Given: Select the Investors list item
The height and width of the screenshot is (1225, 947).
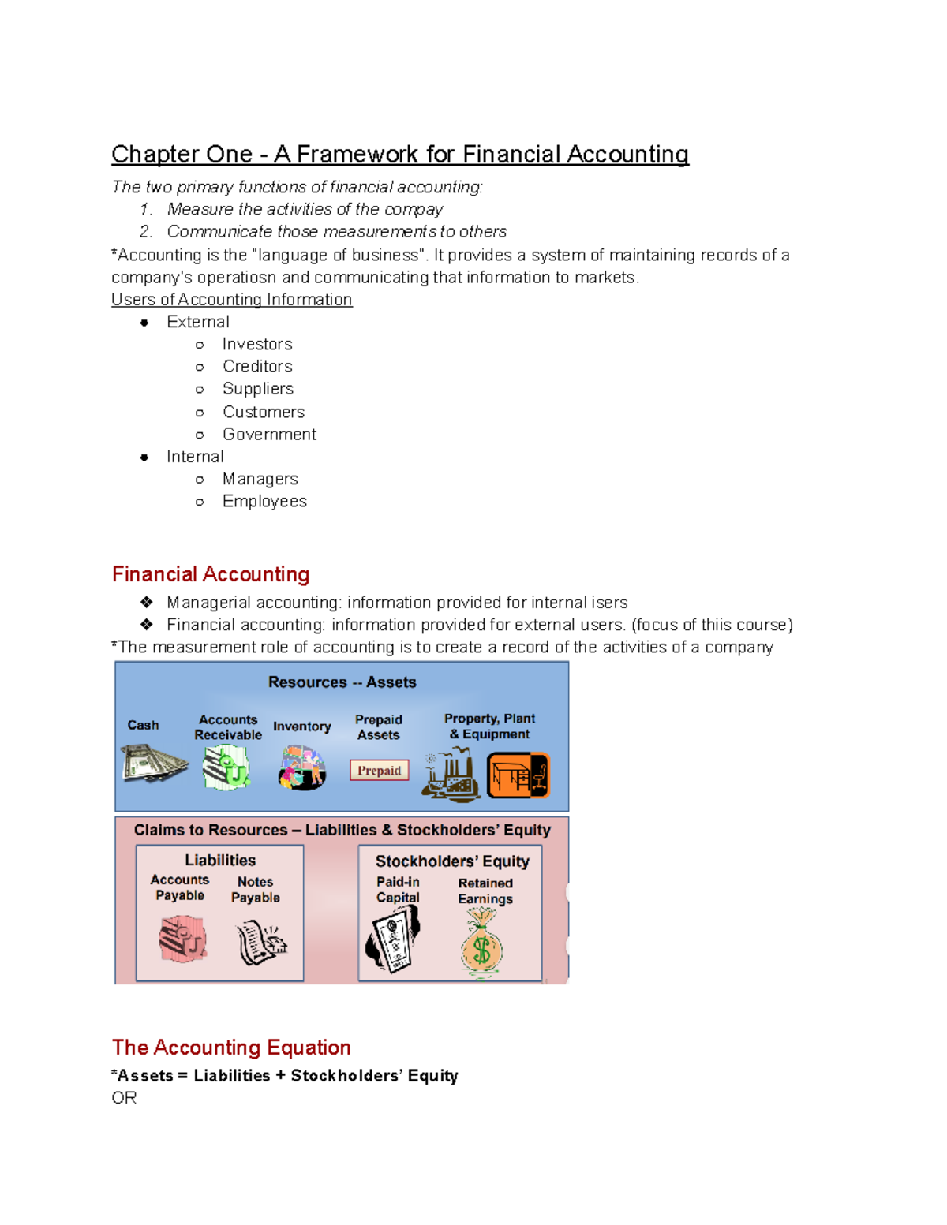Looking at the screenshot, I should tap(257, 344).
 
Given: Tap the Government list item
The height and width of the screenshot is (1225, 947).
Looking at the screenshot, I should tap(269, 434).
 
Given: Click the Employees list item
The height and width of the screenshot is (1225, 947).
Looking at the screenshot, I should tap(264, 501).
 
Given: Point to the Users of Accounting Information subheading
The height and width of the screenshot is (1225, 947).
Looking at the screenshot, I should tap(231, 300).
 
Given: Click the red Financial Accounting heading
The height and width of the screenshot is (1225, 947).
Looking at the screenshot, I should tap(211, 573).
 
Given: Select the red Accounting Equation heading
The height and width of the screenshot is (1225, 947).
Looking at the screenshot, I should tap(231, 1047).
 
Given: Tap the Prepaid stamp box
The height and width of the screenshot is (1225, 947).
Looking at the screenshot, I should tap(379, 771).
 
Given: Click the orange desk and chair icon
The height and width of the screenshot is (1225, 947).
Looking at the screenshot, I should tap(518, 775).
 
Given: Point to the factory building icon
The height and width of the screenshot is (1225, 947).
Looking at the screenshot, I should tap(451, 775).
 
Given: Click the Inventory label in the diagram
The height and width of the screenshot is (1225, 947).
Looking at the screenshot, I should tap(301, 726).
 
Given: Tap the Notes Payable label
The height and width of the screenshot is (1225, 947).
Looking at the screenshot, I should tap(255, 890).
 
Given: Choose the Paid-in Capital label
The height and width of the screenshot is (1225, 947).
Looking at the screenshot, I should tap(398, 890).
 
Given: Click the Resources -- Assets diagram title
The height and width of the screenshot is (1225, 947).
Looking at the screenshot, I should tap(342, 682).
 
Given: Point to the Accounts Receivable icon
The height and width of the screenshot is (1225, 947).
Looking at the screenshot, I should tap(226, 767).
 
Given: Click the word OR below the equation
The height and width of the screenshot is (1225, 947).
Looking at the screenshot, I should tap(124, 1098).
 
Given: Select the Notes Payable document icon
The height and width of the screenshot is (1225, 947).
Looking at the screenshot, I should tap(260, 943).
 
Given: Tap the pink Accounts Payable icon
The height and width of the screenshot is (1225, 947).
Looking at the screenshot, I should tap(182, 939).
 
